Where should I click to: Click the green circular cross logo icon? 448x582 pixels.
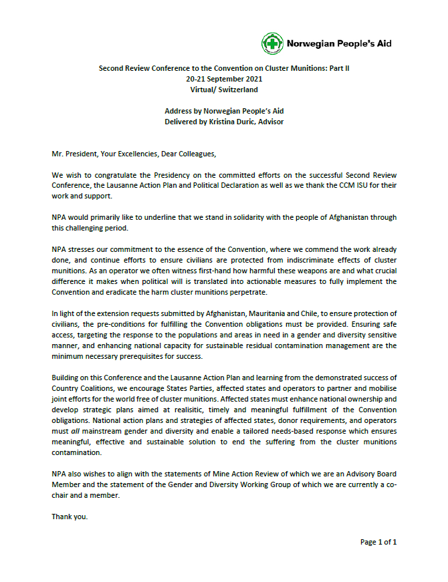[x=272, y=44]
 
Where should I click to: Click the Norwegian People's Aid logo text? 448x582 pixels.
[x=339, y=44]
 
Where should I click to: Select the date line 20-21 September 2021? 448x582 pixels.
[x=223, y=79]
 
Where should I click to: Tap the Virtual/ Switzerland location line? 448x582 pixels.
[x=223, y=90]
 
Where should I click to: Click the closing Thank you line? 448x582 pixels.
[x=69, y=517]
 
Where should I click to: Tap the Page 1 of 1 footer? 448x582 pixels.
[x=378, y=542]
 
